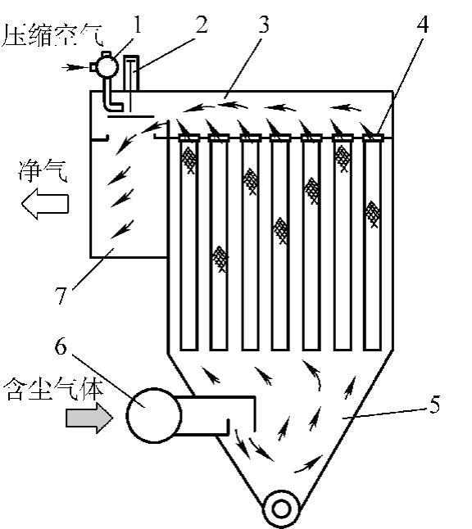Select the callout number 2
(x=202, y=25)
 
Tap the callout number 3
(x=264, y=25)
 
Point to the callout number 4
(x=422, y=25)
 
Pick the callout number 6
(x=61, y=346)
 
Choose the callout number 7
(x=61, y=296)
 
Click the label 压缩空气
(x=52, y=36)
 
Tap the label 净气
(x=43, y=171)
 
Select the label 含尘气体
(x=54, y=389)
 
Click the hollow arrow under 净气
(x=45, y=204)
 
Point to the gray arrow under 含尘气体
(x=89, y=418)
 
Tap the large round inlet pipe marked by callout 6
(x=153, y=415)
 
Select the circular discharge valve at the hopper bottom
(x=281, y=509)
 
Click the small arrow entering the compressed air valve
(x=75, y=67)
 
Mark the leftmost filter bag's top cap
(x=188, y=138)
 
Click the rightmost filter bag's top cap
(x=373, y=138)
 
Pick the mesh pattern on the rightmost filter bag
(x=372, y=215)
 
